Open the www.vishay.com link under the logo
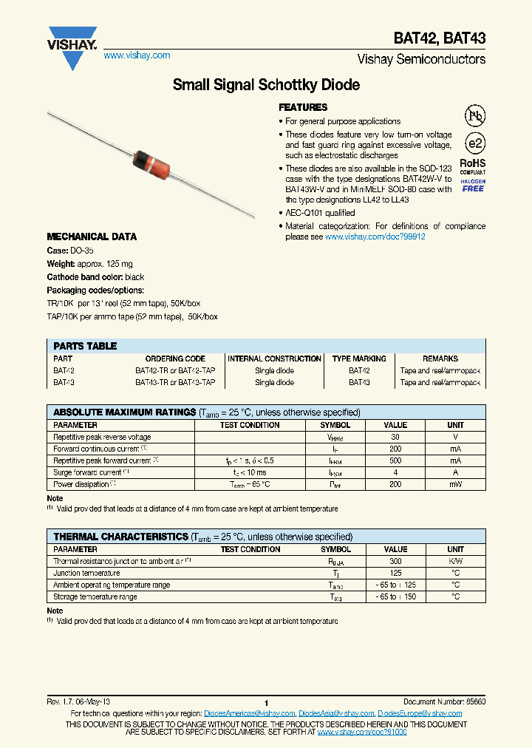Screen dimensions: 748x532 (x=137, y=55)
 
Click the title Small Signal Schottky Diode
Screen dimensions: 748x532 (x=266, y=85)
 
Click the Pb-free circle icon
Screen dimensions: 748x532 (x=474, y=116)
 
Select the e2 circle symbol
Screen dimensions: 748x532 (x=474, y=143)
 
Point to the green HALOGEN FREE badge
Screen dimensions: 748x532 (x=473, y=185)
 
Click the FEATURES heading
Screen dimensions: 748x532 (x=303, y=107)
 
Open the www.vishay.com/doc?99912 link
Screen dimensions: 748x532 (x=375, y=237)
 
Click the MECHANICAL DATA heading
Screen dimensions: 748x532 (x=92, y=237)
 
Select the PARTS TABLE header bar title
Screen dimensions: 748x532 (x=85, y=346)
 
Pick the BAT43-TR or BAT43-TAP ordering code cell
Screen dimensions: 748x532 (x=175, y=383)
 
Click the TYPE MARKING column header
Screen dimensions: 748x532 (x=359, y=358)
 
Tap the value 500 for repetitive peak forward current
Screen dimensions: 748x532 (x=395, y=460)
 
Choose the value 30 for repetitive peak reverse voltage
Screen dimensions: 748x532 (x=395, y=437)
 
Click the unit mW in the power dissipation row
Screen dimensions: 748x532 (x=455, y=484)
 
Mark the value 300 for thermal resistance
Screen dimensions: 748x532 (x=395, y=561)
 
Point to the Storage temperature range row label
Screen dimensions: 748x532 (x=95, y=596)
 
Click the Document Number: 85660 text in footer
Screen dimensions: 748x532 (x=444, y=701)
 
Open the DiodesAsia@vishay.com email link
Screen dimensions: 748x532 (x=336, y=713)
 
